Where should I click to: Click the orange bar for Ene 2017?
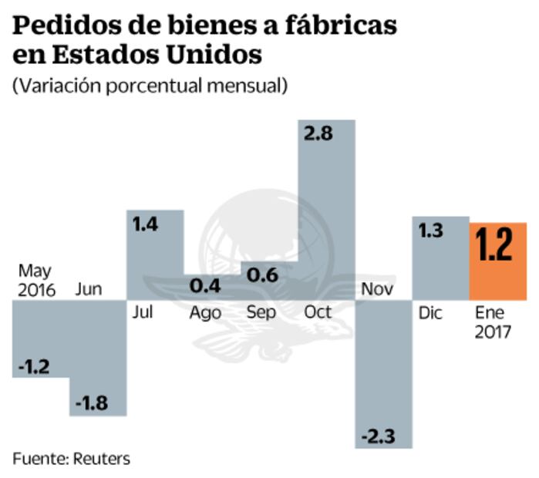(498, 261)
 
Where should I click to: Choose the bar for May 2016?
(42, 338)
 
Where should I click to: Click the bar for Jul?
(155, 254)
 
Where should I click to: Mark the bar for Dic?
(440, 258)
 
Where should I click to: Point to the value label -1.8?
(93, 402)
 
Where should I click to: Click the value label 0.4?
(205, 286)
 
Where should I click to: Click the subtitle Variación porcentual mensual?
(150, 86)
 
